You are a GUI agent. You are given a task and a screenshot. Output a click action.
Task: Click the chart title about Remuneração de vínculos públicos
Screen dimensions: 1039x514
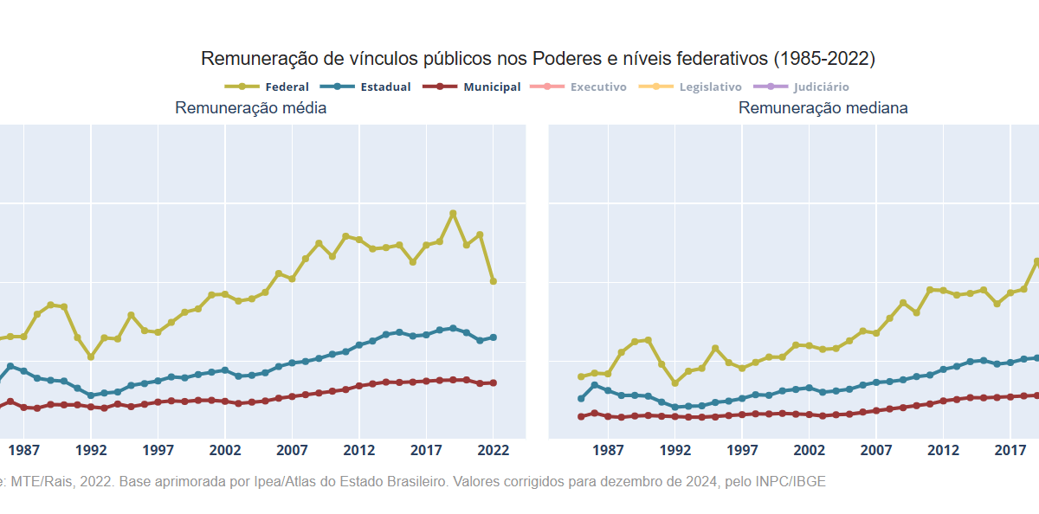pos(538,59)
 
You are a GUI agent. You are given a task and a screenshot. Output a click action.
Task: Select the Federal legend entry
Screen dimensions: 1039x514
pos(267,87)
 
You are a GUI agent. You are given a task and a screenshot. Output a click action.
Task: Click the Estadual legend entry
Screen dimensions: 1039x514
pos(365,87)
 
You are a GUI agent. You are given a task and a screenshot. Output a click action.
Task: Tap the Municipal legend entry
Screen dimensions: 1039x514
pos(472,87)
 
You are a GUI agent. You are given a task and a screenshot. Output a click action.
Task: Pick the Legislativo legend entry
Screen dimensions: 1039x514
pos(690,87)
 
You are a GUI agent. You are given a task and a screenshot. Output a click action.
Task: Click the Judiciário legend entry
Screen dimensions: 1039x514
pos(801,87)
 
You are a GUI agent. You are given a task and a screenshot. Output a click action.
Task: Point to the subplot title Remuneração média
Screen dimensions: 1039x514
pos(250,108)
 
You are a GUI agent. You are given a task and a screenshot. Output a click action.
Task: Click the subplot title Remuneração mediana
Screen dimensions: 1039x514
pos(823,108)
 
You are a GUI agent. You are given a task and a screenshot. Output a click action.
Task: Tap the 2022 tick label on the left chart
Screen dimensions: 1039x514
pos(493,450)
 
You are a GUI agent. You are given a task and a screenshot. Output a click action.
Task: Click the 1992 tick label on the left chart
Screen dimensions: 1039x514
pos(91,450)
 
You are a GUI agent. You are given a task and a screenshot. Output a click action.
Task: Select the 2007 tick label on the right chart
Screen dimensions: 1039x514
pos(875,450)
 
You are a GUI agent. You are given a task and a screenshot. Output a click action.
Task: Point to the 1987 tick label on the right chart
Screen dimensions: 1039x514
pos(608,450)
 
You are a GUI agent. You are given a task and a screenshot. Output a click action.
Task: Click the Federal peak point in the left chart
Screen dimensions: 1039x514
pos(453,213)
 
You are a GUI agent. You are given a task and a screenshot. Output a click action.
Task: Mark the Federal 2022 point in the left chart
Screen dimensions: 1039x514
pos(494,281)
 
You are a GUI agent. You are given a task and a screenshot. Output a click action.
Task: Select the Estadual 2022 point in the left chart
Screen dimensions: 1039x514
pos(494,337)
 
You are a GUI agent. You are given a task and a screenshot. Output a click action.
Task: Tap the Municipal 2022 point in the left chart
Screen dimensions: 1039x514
pos(494,382)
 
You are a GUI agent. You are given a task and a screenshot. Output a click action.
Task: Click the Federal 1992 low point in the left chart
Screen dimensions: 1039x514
pos(91,357)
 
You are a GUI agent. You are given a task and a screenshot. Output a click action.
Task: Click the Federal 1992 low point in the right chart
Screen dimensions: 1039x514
pos(675,383)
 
